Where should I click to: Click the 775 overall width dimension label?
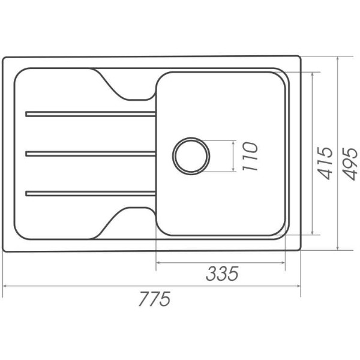(155, 299)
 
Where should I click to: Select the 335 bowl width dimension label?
(222, 274)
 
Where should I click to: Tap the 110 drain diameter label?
(250, 157)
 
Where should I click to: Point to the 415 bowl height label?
(325, 163)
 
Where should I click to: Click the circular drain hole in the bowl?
(191, 156)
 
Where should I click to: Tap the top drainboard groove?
(91, 114)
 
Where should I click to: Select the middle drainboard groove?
(91, 154)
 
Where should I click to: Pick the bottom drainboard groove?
(91, 193)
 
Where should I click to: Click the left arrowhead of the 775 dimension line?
(5, 286)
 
